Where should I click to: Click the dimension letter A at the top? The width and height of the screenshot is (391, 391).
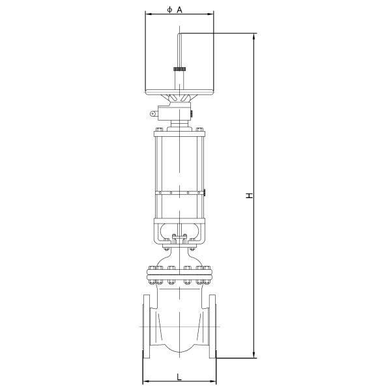[179, 9]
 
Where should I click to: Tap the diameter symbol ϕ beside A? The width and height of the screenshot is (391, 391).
[169, 9]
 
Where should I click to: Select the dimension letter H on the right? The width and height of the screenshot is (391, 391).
[249, 195]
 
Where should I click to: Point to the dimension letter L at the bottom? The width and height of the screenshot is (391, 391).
[179, 376]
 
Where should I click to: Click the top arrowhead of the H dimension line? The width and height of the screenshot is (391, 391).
[255, 36]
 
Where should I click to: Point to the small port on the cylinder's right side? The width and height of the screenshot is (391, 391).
[205, 192]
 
